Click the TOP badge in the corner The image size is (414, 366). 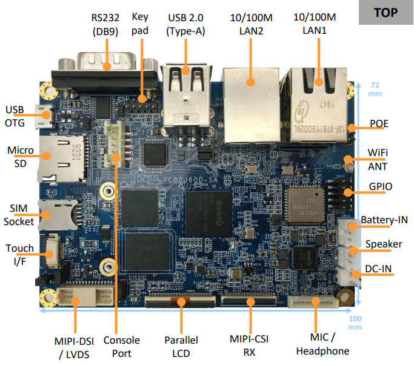point(386,13)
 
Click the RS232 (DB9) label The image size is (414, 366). point(104,24)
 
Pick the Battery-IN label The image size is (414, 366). point(384,220)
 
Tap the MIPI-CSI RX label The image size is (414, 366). point(249,345)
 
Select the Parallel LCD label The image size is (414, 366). point(181,345)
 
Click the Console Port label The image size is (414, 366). point(121,346)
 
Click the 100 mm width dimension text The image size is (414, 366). point(357,322)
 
